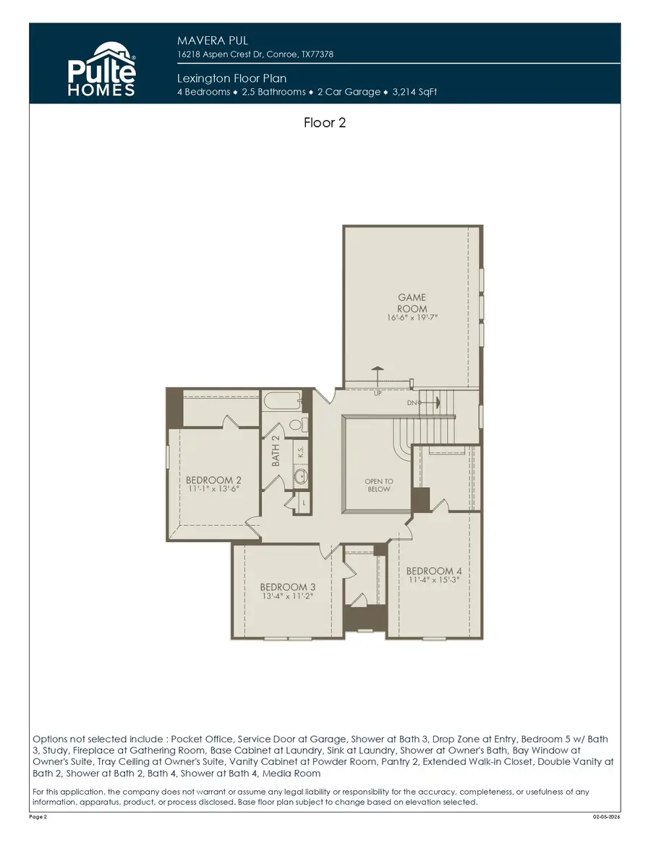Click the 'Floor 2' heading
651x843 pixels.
tap(325, 123)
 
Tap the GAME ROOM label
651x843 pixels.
tap(412, 302)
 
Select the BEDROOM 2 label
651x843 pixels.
tap(213, 480)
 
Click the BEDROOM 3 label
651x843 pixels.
tap(288, 586)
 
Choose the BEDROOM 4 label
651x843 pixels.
tap(434, 571)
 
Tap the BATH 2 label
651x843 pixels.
tap(276, 451)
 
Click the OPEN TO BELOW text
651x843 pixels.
tap(379, 485)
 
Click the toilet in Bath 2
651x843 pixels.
tap(297, 424)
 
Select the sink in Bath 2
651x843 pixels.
tap(301, 477)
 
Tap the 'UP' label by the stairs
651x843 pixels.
tap(378, 394)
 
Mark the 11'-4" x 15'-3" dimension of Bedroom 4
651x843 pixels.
tap(434, 580)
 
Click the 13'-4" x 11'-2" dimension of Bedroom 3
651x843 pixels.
tap(288, 596)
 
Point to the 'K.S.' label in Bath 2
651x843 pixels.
tap(301, 451)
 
